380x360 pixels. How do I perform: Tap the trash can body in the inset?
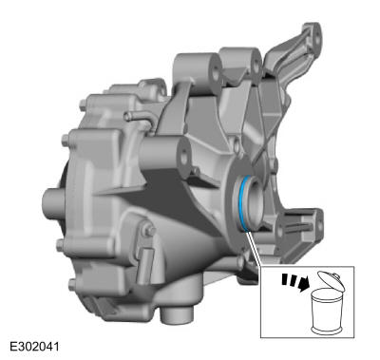coord(326,312)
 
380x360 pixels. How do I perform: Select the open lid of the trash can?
coord(330,281)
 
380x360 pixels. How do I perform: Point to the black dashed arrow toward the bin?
coord(295,281)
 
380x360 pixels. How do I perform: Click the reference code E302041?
coord(34,347)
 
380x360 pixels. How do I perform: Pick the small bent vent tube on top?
coord(139,118)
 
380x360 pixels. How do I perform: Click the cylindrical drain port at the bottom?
coord(177,314)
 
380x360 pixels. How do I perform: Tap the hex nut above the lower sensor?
coord(149,230)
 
